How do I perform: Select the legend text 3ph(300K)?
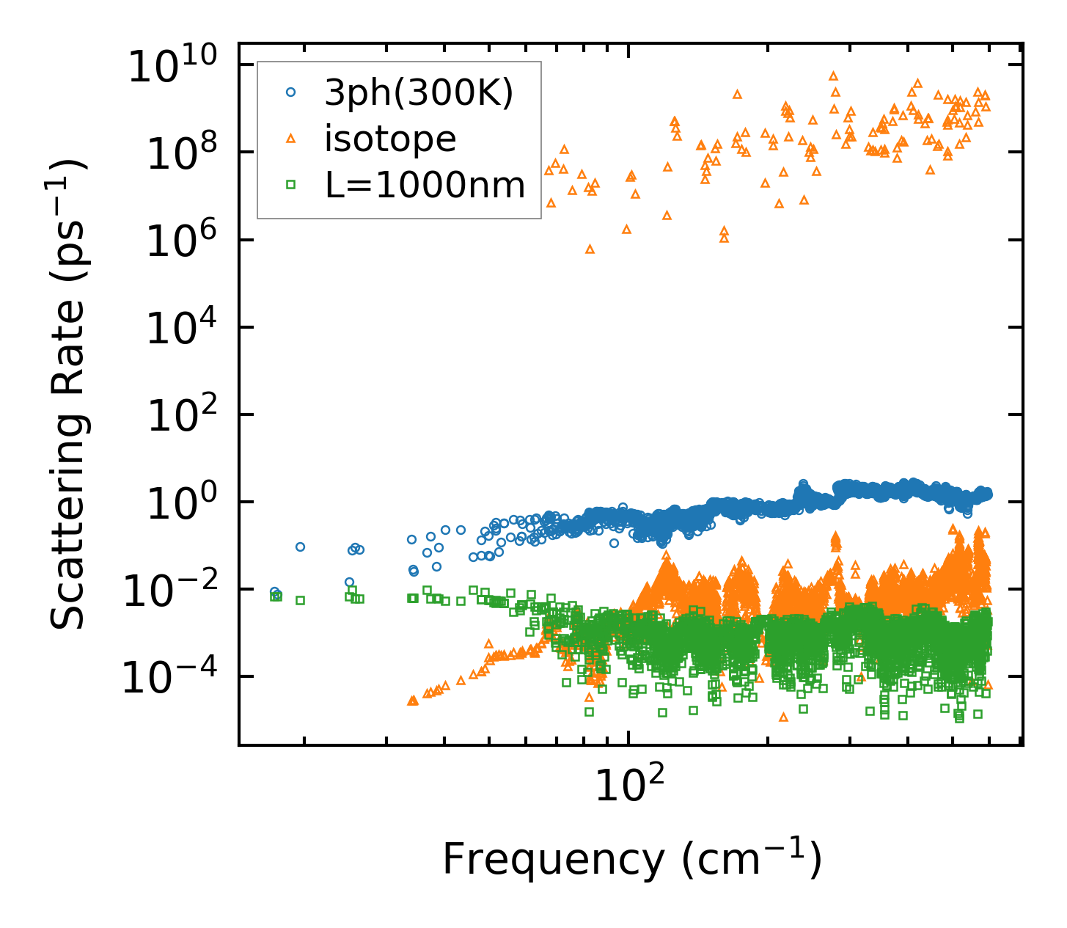(x=419, y=93)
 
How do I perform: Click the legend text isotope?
(x=390, y=139)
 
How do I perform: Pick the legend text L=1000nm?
(x=425, y=185)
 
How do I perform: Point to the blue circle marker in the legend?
(x=291, y=93)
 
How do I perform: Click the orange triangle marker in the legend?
(x=291, y=139)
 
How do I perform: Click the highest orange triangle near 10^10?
(x=833, y=76)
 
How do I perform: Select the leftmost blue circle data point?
(x=274, y=592)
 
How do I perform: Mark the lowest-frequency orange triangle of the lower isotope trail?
(x=411, y=701)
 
